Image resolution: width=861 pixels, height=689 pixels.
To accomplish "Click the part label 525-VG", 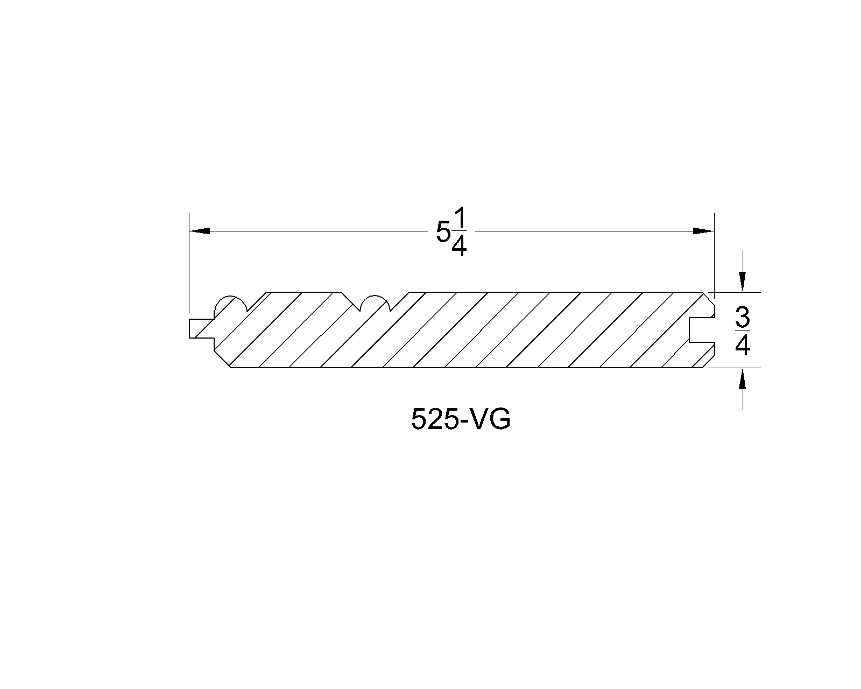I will (460, 419).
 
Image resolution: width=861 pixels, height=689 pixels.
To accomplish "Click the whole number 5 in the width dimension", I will (443, 233).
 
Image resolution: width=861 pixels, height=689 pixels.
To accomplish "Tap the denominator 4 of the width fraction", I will (458, 245).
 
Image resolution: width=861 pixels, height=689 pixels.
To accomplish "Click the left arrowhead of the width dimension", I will (200, 231).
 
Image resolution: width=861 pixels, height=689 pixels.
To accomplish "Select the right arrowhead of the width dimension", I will (703, 231).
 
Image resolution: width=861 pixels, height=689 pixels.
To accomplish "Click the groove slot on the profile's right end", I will (700, 329).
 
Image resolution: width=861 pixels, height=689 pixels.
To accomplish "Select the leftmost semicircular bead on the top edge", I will (230, 304).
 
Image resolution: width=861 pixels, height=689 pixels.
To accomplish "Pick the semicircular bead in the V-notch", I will (375, 303).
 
